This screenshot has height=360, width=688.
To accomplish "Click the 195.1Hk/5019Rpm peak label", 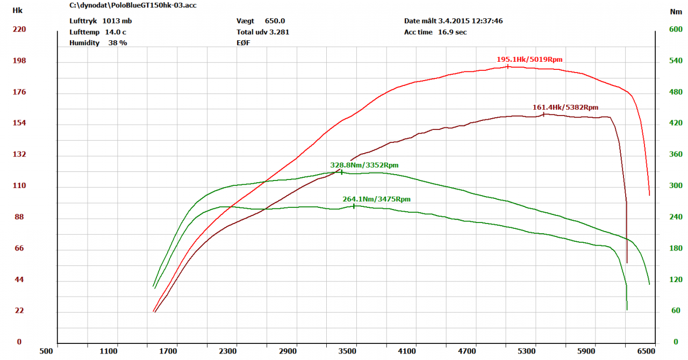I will tap(529, 59).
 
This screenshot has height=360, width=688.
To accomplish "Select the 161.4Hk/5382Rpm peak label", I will tap(565, 107).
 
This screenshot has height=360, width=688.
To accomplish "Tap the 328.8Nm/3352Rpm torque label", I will tap(364, 165).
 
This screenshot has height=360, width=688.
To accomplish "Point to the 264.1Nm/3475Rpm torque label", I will tap(376, 199).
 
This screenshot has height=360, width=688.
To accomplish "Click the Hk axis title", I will tap(18, 10).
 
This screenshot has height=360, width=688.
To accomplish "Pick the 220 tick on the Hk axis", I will tap(19, 29).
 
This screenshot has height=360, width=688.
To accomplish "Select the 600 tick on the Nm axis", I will tap(675, 29).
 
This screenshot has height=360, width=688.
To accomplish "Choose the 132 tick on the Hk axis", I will tap(19, 155).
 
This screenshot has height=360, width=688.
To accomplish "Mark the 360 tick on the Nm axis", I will tap(675, 155).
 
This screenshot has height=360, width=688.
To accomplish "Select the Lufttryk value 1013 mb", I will tap(117, 21).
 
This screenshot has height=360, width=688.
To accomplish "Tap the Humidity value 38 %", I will tap(118, 42).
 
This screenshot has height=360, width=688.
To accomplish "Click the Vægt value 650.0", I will tap(275, 21).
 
